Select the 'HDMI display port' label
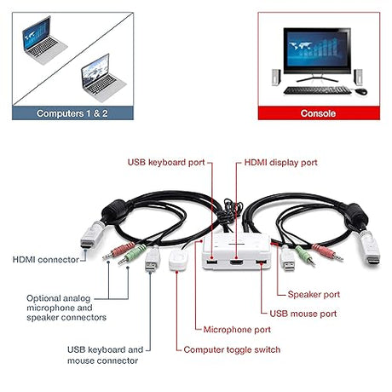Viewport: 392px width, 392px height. (x=280, y=161)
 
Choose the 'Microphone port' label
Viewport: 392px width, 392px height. (x=237, y=329)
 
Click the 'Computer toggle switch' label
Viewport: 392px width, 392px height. (x=232, y=349)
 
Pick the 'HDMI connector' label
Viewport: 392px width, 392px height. (x=46, y=259)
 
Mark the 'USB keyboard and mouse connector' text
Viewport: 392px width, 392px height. (x=104, y=355)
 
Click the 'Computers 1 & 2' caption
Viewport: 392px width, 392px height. (x=72, y=112)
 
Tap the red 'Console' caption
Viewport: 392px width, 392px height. (x=318, y=112)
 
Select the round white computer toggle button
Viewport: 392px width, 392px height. (x=179, y=260)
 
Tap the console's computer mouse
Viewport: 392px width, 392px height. (x=361, y=89)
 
